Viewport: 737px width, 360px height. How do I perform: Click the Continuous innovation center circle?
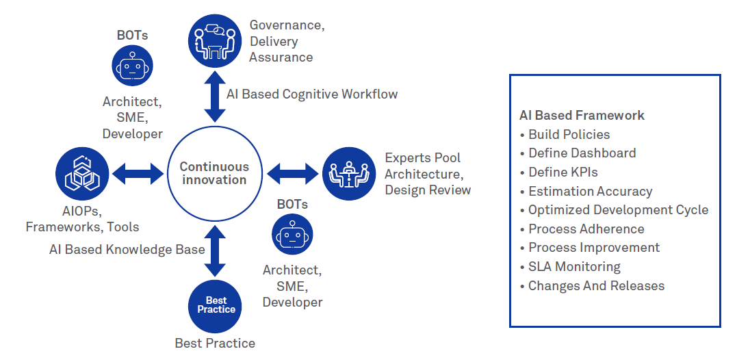(x=214, y=174)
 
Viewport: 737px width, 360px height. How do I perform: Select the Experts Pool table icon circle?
(x=348, y=174)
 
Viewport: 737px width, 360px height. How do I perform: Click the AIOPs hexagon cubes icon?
(x=81, y=174)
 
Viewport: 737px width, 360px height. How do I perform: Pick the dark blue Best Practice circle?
(x=216, y=305)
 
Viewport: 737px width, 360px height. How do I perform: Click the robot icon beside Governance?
(x=132, y=66)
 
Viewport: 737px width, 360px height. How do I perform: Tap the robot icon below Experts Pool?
(x=292, y=234)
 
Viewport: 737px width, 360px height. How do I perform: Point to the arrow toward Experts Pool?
(x=292, y=174)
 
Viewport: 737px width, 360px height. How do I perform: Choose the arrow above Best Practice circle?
(x=215, y=250)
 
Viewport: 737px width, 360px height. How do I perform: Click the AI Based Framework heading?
(x=582, y=116)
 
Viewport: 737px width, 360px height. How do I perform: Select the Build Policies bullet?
(x=569, y=134)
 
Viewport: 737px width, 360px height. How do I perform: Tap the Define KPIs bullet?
(x=563, y=172)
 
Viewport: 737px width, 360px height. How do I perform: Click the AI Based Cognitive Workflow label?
(x=312, y=94)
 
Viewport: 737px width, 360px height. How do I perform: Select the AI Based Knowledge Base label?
(x=127, y=249)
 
